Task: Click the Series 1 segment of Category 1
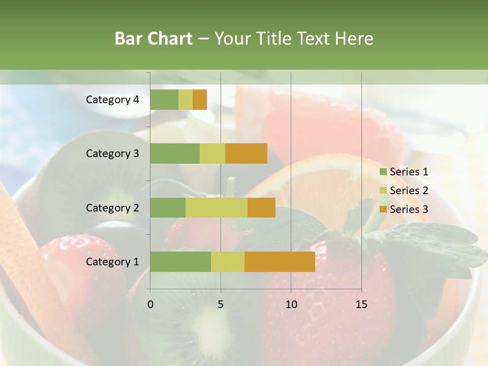click(180, 262)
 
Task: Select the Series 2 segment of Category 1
click(228, 262)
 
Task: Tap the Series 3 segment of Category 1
click(280, 262)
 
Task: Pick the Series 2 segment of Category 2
click(217, 207)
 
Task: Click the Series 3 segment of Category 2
click(261, 207)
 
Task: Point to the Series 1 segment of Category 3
click(175, 154)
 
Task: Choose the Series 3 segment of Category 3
click(246, 154)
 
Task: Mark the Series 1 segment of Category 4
click(164, 100)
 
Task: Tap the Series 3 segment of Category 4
click(200, 100)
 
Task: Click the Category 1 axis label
click(112, 262)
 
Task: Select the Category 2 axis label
click(112, 207)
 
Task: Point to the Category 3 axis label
click(112, 154)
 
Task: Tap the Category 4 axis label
click(112, 100)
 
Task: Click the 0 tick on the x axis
click(150, 304)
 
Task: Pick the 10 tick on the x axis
click(291, 304)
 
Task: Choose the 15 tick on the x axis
click(361, 304)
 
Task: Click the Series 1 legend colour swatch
click(383, 172)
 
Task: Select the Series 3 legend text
click(409, 209)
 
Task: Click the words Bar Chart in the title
click(154, 39)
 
